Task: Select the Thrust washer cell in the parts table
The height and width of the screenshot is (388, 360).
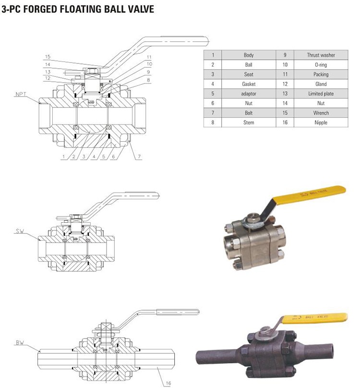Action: coord(321,55)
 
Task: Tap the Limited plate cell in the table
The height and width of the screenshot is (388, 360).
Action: coord(321,94)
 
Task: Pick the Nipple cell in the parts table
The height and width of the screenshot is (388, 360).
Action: coord(321,122)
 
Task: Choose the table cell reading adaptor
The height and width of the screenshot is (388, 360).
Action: coord(249,94)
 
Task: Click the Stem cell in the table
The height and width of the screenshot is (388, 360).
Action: coord(249,122)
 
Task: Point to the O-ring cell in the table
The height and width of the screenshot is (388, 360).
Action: coord(321,64)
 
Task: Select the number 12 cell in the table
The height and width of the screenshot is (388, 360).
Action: coord(285,84)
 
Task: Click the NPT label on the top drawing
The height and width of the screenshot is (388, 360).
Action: coord(21,94)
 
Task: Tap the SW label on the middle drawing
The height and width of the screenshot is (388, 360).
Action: coord(20,231)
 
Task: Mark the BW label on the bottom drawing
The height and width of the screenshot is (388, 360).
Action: coord(20,343)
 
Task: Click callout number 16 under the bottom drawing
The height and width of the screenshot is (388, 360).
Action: coord(168,383)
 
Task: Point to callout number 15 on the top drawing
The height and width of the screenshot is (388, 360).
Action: coord(48,57)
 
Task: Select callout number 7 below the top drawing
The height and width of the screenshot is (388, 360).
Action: coord(139,157)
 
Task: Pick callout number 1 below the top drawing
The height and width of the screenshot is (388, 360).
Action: coord(63,157)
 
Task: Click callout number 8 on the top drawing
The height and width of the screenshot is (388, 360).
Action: coord(148,80)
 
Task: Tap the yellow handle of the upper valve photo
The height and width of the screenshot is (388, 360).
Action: coord(309,195)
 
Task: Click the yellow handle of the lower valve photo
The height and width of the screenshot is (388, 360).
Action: coord(315,318)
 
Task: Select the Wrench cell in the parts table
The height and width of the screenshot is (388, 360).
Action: coord(321,113)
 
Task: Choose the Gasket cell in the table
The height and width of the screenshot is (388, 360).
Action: coord(249,84)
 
